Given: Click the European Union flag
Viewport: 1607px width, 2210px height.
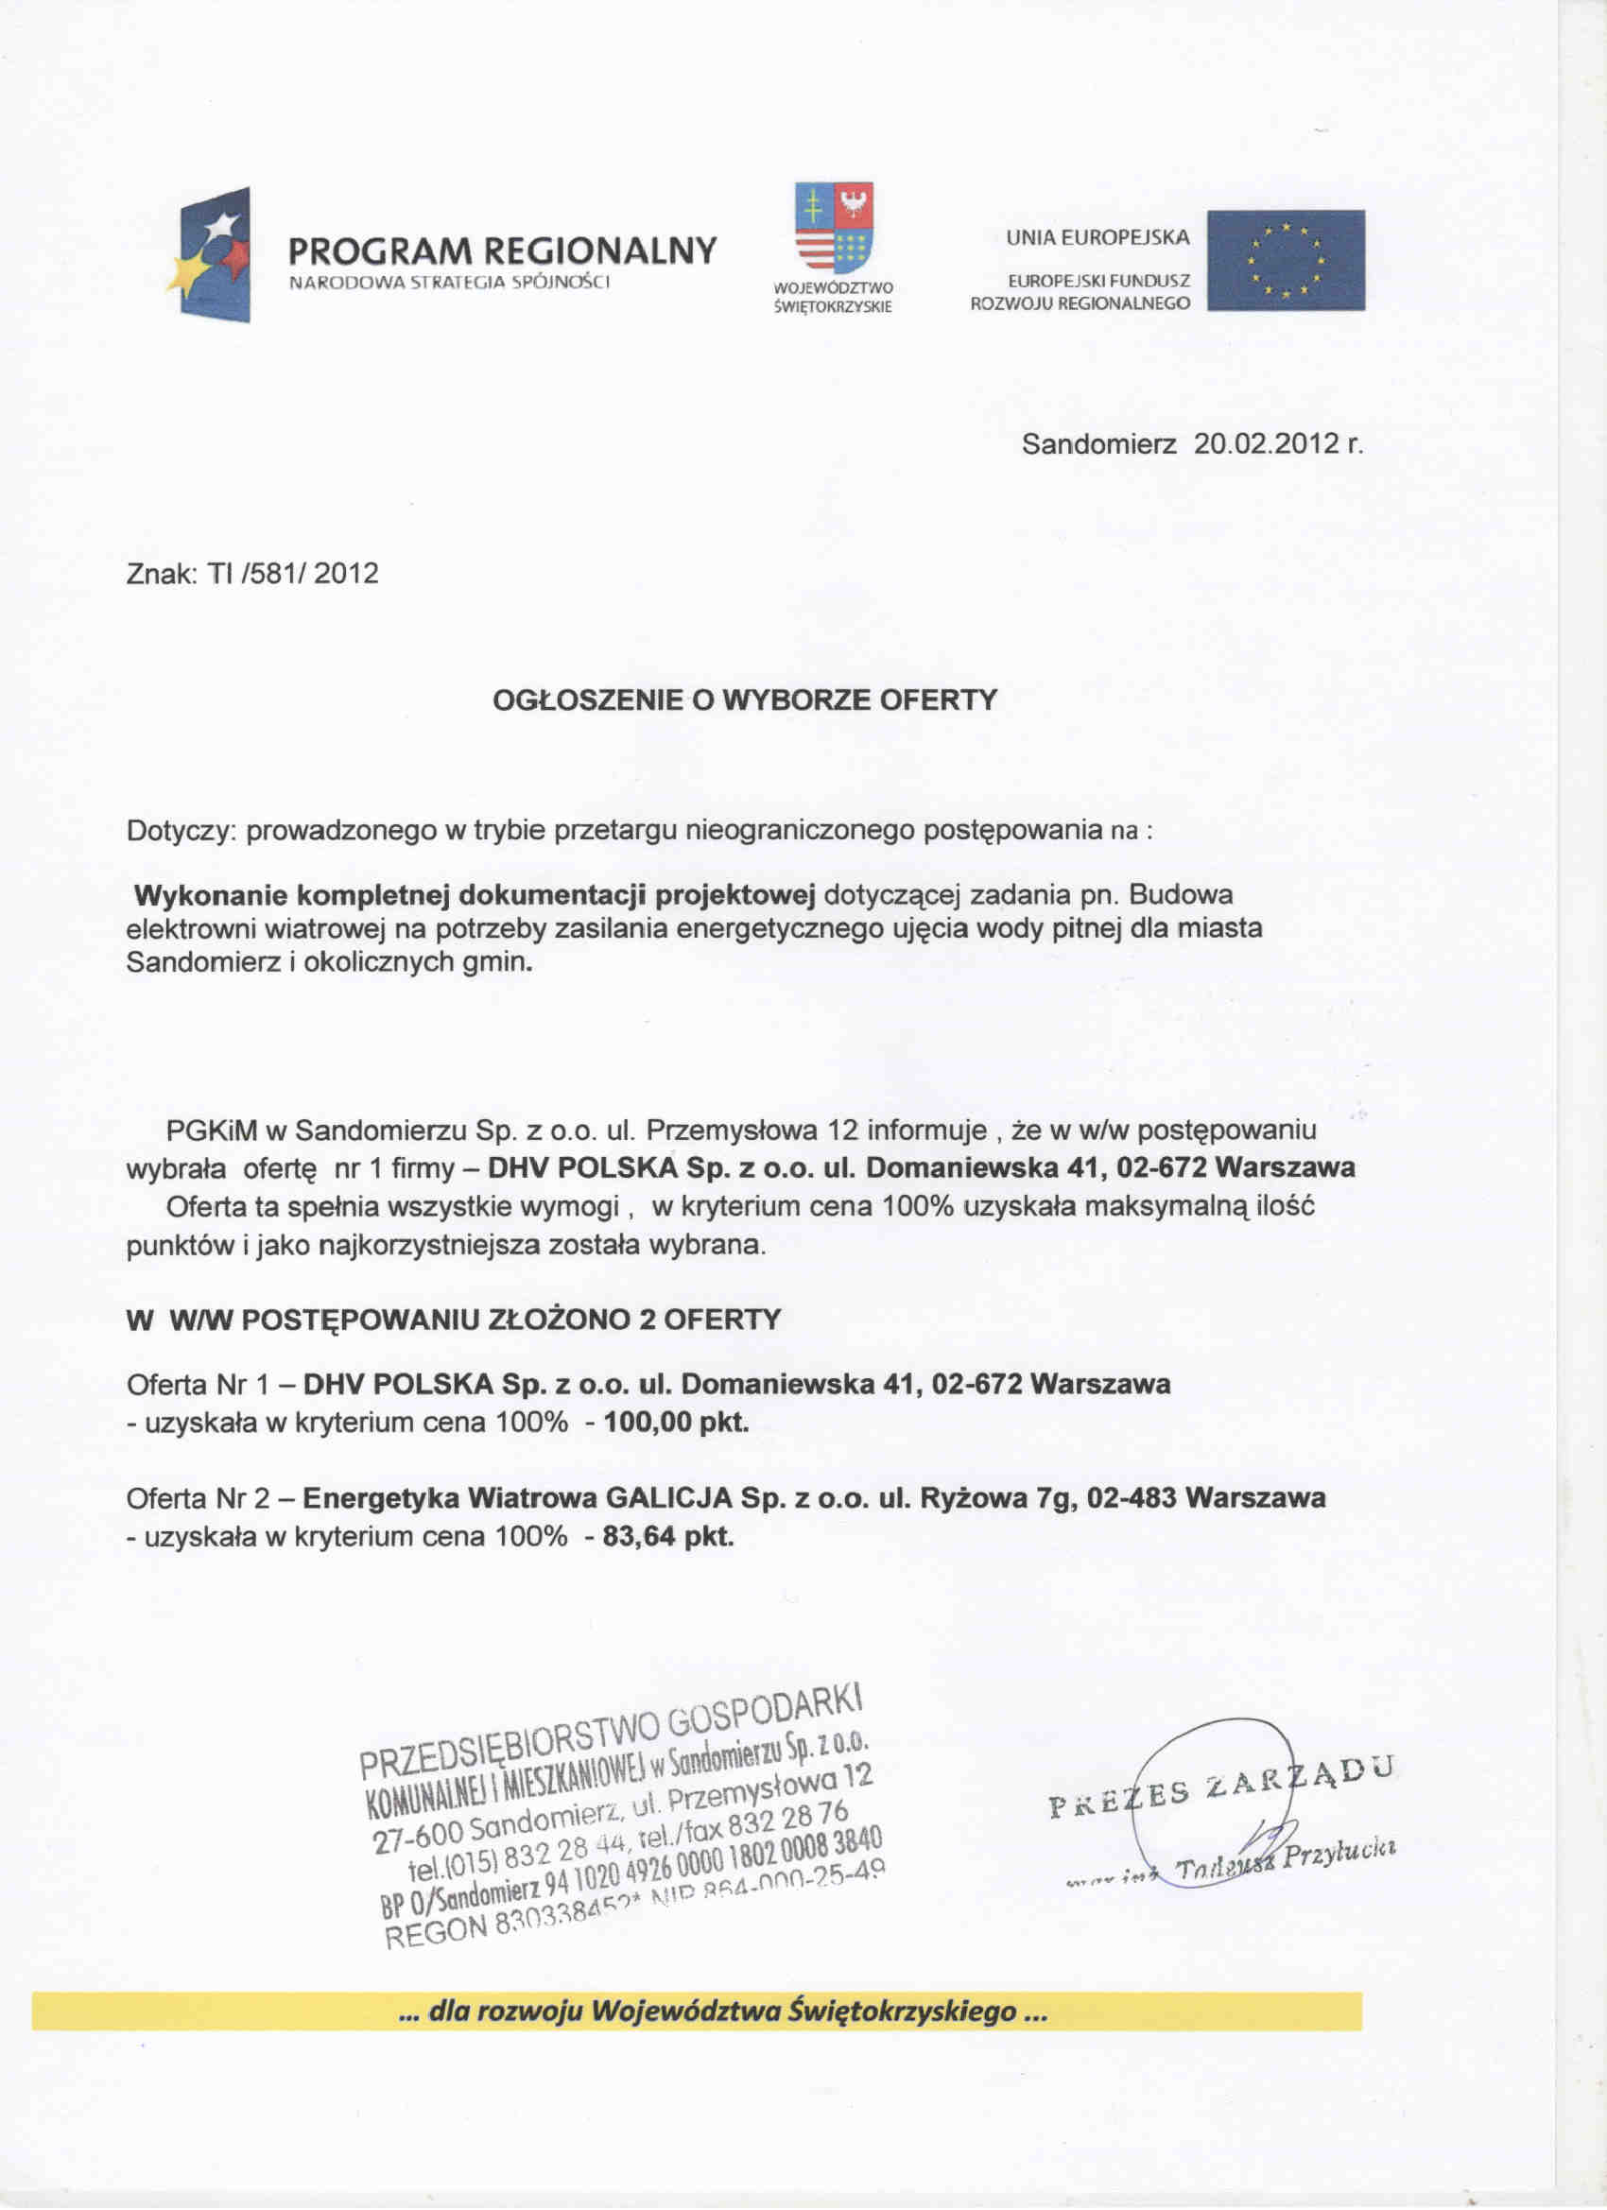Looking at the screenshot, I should click(x=1286, y=260).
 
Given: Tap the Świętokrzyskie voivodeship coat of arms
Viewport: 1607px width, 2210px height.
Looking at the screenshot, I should click(x=833, y=227).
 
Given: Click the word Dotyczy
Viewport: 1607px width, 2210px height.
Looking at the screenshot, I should click(x=181, y=831).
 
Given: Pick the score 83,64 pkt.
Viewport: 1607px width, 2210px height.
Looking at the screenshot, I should click(x=667, y=1537).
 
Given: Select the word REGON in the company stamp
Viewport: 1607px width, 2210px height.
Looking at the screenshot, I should click(x=437, y=1930).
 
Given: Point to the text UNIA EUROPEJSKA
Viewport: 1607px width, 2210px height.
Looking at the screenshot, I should click(x=1097, y=236).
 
